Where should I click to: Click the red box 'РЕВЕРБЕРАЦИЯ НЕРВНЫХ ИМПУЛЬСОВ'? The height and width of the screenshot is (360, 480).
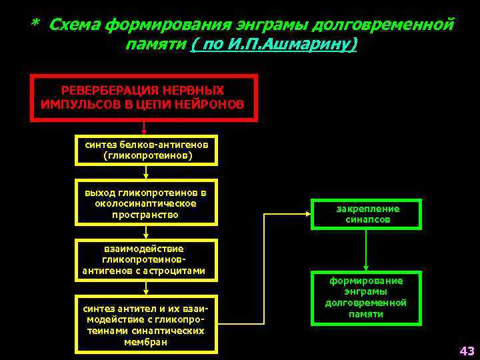coord(143,97)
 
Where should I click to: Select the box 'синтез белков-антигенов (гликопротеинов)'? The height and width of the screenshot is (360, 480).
coord(147,150)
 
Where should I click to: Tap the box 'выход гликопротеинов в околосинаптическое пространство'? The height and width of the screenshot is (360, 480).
coord(147,204)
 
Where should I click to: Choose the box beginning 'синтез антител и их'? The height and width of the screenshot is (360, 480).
coord(146,323)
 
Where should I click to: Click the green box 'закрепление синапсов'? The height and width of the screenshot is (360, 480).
coord(367,214)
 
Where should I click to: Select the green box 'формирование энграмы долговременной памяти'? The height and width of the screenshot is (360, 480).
coord(365,297)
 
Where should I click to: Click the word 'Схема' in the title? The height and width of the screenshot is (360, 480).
coord(75,25)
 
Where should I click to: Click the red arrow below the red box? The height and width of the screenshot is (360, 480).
coord(144,128)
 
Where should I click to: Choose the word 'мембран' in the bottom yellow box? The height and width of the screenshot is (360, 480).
coord(145,342)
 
